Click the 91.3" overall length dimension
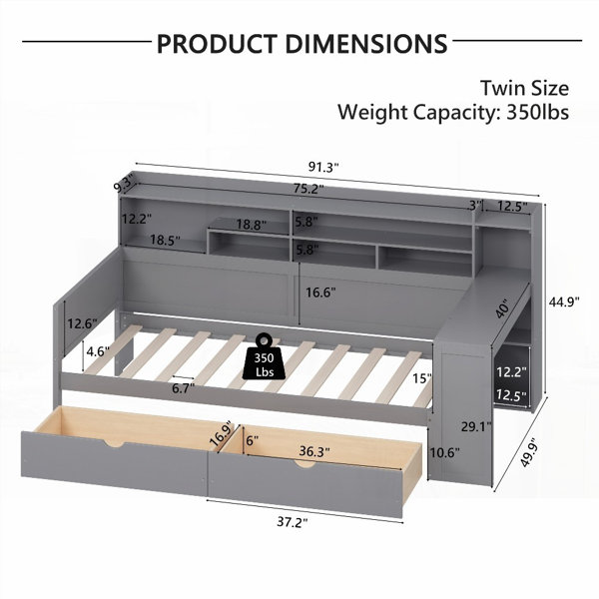(x=323, y=168)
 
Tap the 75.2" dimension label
(x=308, y=189)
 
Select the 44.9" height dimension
(x=564, y=301)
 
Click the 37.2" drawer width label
(x=293, y=522)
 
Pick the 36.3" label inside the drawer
(x=314, y=451)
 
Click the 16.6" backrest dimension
(x=320, y=293)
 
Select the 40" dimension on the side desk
(x=502, y=308)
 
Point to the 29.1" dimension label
(x=476, y=426)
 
